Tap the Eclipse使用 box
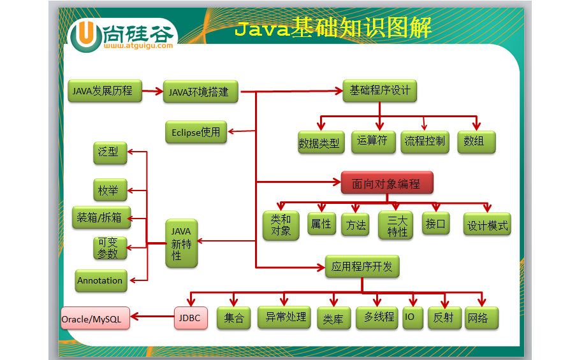[196, 133]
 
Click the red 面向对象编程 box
[387, 184]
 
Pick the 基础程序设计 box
[379, 90]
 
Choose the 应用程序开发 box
[362, 266]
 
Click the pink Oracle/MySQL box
[95, 319]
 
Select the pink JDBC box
[191, 318]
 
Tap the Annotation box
[100, 280]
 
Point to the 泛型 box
[109, 152]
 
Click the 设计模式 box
[487, 225]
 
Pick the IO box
[409, 317]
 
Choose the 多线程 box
[379, 317]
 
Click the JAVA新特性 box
[181, 243]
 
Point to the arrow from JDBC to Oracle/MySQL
[152, 318]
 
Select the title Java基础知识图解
[333, 27]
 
